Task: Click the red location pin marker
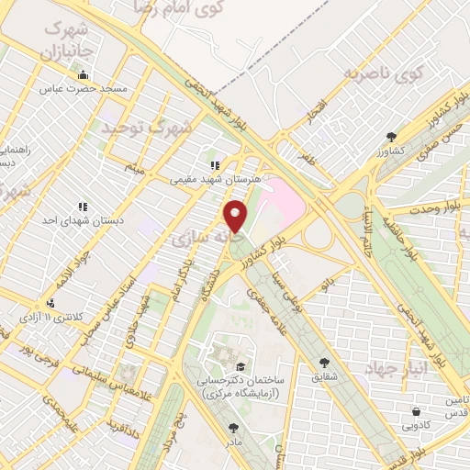pos(236,217)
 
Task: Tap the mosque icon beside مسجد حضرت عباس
pos(84,75)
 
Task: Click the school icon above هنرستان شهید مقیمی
pos(214,165)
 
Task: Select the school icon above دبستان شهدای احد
pos(83,207)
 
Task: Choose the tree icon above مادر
pos(232,427)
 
